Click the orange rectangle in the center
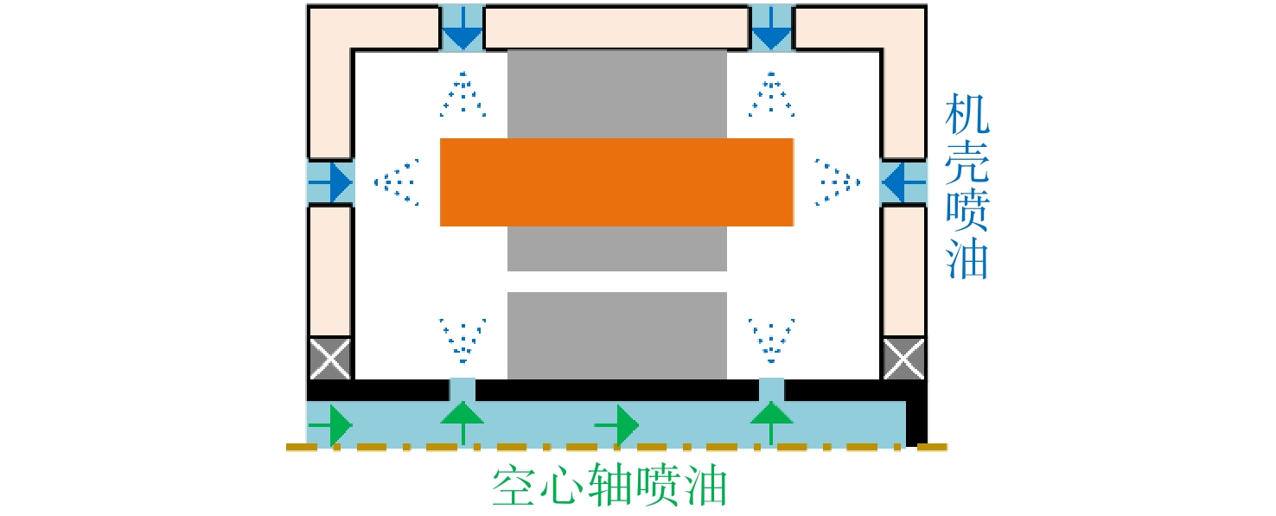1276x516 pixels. point(617,182)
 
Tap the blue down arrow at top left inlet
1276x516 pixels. point(463,29)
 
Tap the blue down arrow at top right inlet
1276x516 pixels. point(771,29)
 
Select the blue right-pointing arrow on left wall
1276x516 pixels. point(331,182)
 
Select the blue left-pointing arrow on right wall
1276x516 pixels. point(903,182)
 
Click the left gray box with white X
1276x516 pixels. point(330,359)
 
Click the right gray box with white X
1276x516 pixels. point(903,359)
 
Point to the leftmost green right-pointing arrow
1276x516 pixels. point(331,425)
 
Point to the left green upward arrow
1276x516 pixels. point(463,424)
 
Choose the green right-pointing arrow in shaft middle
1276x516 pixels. point(617,425)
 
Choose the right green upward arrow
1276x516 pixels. point(771,424)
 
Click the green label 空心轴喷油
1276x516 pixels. point(609,485)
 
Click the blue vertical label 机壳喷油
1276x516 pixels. point(967,186)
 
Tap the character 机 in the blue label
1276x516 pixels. point(967,114)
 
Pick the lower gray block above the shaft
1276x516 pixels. point(617,335)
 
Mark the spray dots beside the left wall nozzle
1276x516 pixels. point(397,182)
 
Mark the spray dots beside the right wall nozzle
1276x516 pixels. point(838,182)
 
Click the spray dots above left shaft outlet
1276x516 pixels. point(463,341)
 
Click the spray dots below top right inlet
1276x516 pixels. point(771,94)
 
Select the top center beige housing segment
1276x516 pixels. point(617,28)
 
